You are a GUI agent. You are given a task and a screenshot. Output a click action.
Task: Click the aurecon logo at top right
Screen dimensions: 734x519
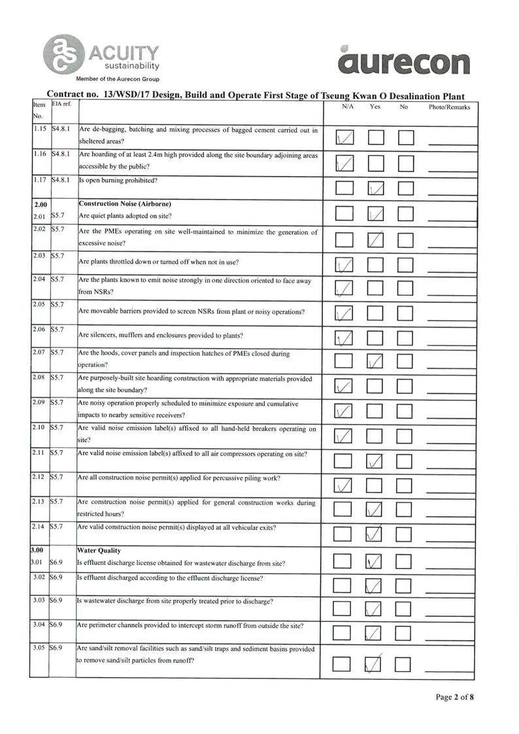coord(405,61)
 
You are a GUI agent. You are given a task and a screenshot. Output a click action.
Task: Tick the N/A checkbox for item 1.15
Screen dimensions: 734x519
coord(344,137)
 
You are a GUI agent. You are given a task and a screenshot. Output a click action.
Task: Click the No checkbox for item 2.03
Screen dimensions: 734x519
coord(406,265)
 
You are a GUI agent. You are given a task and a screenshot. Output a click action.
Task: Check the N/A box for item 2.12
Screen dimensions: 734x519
coord(344,485)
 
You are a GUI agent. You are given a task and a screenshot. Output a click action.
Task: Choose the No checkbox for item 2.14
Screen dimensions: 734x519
coord(406,534)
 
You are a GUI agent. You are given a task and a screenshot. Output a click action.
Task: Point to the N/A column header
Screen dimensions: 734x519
coord(348,107)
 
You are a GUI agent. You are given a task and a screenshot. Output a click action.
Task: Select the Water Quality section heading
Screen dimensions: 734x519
coord(99,551)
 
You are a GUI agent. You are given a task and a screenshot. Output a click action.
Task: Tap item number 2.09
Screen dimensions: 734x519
coord(39,402)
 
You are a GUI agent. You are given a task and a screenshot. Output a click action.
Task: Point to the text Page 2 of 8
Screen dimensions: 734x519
coord(455,697)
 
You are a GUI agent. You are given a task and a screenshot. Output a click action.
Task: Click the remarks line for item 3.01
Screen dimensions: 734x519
coord(449,565)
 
